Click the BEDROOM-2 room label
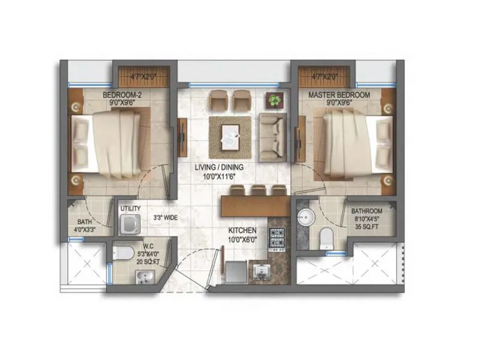tap(121, 95)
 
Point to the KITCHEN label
tap(242, 230)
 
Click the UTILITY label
tap(130, 209)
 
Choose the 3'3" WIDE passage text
tap(165, 218)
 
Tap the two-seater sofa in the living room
tap(274, 134)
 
